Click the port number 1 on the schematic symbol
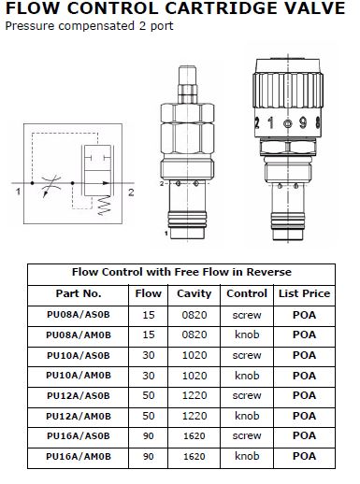[18, 192]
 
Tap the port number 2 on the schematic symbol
[131, 192]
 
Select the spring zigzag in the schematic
[104, 206]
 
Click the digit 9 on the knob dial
[303, 123]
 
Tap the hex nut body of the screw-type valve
[187, 128]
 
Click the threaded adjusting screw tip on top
[187, 84]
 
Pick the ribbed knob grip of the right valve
[288, 91]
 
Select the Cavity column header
[194, 293]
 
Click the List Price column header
[304, 293]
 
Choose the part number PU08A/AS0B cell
[79, 315]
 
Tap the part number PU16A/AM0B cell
[79, 457]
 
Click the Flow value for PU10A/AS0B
[149, 355]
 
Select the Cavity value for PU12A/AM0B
[194, 416]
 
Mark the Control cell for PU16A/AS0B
[247, 435]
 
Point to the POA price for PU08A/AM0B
[304, 335]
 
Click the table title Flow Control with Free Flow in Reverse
[181, 272]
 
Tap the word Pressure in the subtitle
[30, 26]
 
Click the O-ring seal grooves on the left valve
[187, 219]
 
